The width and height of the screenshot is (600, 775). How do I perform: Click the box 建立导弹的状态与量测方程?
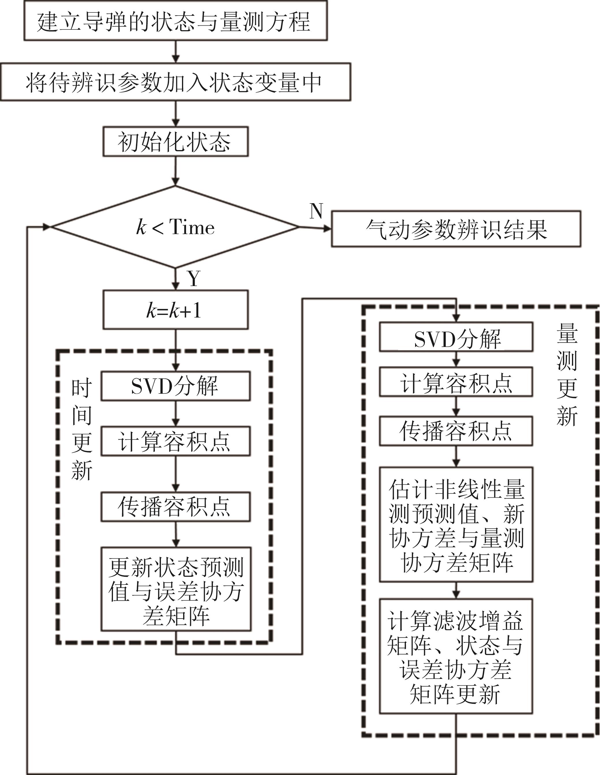175,20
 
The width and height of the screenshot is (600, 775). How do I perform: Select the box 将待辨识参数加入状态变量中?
175,82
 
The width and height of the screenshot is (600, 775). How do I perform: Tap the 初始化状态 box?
175,141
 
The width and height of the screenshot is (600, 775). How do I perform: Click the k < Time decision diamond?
175,227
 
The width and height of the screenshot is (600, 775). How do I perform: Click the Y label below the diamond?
194,279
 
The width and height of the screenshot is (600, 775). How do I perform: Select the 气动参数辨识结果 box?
456,229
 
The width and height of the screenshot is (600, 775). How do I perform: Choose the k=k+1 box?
175,310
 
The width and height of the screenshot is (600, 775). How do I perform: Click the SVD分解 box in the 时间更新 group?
175,386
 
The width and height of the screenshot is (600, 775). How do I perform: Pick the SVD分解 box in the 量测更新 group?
456,337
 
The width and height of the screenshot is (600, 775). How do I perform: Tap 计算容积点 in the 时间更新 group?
175,441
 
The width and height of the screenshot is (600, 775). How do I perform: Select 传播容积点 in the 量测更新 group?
456,431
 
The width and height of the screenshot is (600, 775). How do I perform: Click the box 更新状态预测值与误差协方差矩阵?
176,589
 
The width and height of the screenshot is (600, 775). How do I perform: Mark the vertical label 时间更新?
82,430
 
